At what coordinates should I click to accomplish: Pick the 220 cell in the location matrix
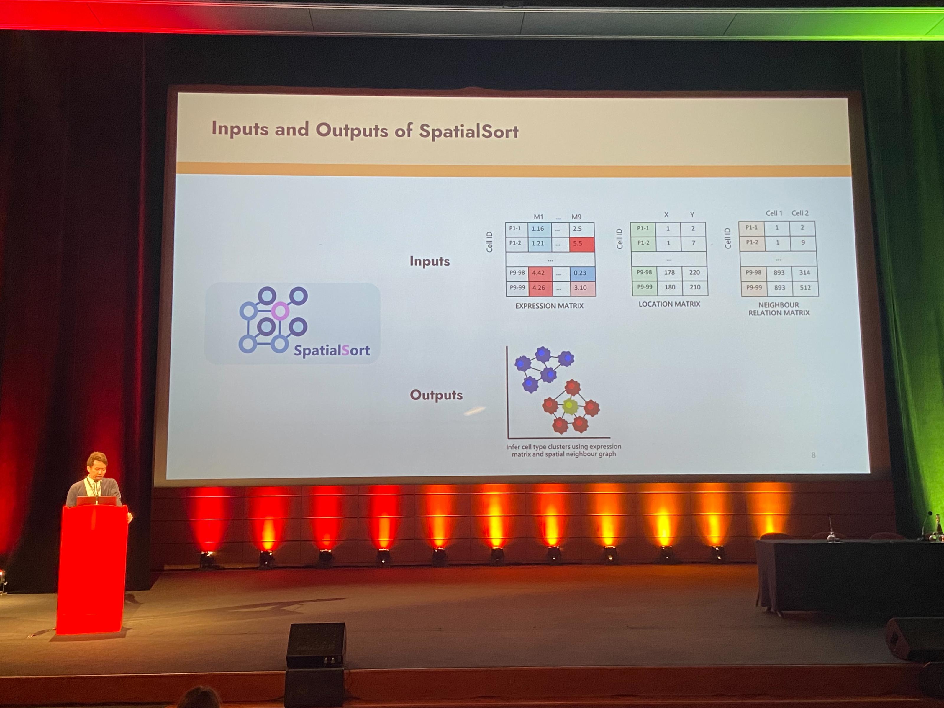tap(694, 272)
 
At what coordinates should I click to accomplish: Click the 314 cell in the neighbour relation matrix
tap(804, 272)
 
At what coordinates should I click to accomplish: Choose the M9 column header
tap(576, 217)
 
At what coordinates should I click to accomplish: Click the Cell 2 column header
tap(800, 213)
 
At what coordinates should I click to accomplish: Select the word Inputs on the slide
tap(430, 261)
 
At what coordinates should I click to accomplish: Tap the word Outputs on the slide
tap(436, 395)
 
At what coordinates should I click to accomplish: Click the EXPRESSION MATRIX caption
tap(549, 306)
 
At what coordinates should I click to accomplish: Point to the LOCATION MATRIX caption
tap(669, 304)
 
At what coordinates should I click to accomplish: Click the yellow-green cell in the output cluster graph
tap(569, 406)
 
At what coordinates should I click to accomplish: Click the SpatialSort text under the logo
tap(332, 350)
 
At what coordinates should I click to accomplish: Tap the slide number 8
tap(813, 455)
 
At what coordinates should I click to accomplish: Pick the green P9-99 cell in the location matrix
tap(644, 287)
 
